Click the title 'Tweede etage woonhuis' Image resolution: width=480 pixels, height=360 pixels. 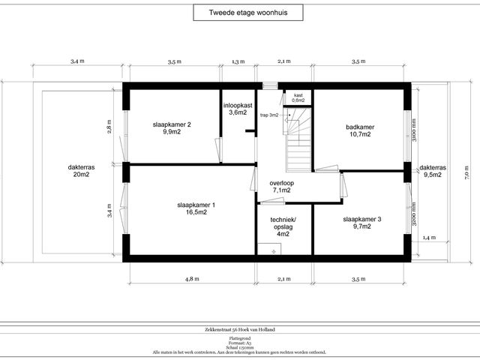[239, 12]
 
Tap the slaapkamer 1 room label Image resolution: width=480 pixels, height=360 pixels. [192, 208]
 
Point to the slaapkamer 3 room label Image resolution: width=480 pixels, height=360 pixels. [362, 223]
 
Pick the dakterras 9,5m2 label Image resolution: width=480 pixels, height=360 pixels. [433, 172]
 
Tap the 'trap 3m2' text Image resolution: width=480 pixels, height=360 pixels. [269, 115]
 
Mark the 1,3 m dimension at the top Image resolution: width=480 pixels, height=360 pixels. [238, 62]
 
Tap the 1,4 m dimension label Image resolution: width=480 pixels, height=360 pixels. [428, 238]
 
